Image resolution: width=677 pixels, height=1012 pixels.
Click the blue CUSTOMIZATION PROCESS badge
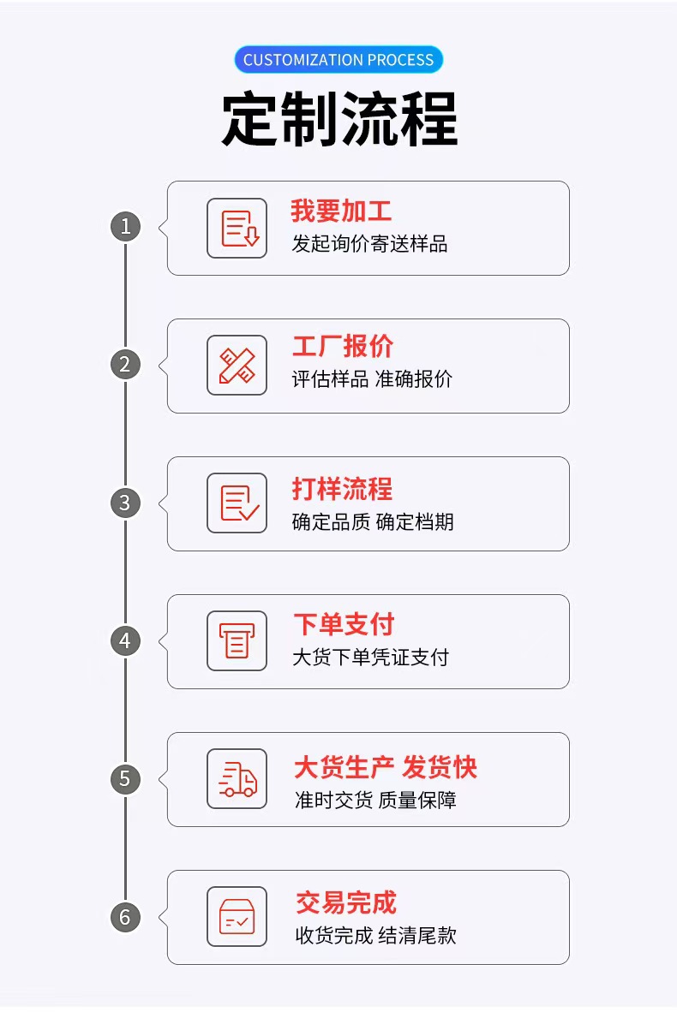[x=338, y=59]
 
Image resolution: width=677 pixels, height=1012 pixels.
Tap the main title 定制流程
[x=340, y=119]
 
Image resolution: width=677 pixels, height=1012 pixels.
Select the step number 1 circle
[x=125, y=227]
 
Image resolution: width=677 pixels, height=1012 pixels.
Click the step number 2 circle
[x=125, y=365]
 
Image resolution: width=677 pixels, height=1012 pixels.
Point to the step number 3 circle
[x=125, y=503]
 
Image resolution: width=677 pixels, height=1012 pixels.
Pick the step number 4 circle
[x=125, y=641]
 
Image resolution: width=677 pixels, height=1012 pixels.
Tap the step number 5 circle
[x=125, y=779]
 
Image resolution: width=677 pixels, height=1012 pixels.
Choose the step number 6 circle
[x=125, y=917]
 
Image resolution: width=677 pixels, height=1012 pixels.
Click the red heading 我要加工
[x=341, y=211]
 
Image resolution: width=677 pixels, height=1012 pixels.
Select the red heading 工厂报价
[x=343, y=346]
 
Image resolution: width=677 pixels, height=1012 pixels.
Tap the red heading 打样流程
[x=343, y=489]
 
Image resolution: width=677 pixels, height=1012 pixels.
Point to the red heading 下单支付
[x=344, y=624]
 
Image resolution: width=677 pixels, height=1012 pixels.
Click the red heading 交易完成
[x=346, y=902]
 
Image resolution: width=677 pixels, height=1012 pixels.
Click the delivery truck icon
[x=237, y=779]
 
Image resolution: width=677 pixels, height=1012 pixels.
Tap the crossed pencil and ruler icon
[x=237, y=366]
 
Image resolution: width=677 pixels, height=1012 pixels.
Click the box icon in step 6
[x=237, y=916]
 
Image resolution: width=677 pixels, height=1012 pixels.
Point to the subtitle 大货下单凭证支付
[x=371, y=657]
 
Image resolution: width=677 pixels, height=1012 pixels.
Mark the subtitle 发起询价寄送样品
[x=369, y=243]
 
